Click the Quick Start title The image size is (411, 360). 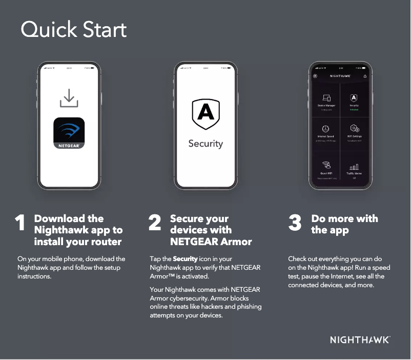pos(73,30)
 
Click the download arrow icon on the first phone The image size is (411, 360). pos(69,98)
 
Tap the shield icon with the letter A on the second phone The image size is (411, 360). pos(205,114)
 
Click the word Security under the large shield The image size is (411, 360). pos(205,144)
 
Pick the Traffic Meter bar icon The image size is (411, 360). pos(354,167)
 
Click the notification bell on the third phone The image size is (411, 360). pos(365,76)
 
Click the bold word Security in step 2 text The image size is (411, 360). pos(185,259)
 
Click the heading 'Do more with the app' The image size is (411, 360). pos(344,224)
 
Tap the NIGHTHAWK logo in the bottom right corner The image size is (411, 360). pos(360,340)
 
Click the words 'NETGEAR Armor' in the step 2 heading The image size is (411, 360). pos(211,242)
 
